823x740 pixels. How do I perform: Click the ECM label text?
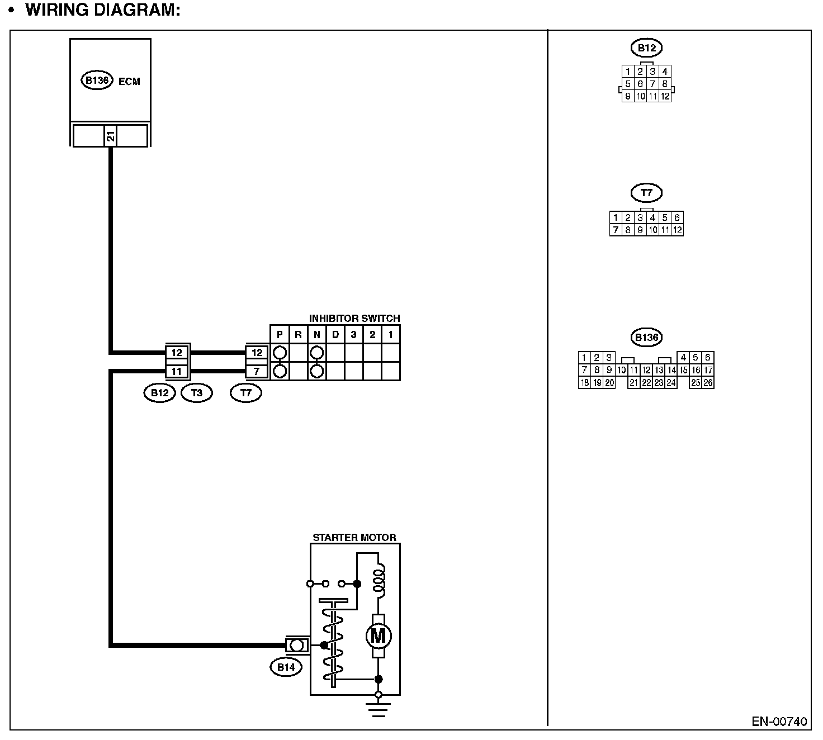click(129, 81)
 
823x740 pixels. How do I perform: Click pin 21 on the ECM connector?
click(111, 135)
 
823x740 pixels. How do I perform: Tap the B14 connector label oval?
click(286, 667)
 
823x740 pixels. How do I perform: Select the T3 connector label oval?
click(197, 393)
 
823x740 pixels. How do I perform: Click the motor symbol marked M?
click(378, 635)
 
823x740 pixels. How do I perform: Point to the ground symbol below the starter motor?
click(379, 709)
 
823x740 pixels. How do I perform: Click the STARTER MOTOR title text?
click(354, 538)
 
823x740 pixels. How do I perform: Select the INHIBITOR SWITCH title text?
click(354, 319)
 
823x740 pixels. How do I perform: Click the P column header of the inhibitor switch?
click(280, 335)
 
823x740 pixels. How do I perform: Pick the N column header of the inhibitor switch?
click(316, 335)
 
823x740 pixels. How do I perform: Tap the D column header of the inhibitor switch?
click(335, 335)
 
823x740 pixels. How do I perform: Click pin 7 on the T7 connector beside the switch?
click(257, 371)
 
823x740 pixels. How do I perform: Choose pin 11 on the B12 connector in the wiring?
click(177, 371)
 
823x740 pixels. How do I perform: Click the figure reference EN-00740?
click(779, 722)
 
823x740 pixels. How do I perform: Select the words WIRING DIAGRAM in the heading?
click(103, 11)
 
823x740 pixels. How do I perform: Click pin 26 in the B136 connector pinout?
click(708, 383)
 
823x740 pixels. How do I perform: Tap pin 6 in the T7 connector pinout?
click(677, 217)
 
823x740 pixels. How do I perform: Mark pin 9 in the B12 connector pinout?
click(628, 96)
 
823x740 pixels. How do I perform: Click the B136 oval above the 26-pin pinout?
click(646, 338)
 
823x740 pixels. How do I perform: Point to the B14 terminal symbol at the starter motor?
click(297, 646)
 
